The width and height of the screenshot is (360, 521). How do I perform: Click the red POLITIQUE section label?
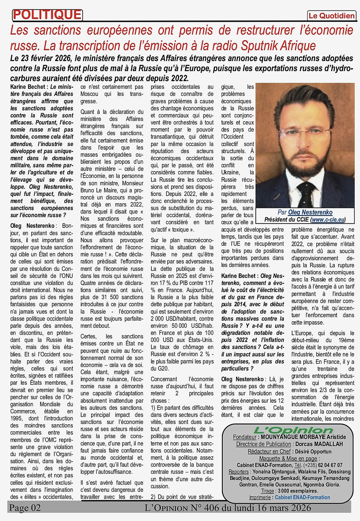47,15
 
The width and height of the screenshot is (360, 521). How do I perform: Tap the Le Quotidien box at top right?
331,16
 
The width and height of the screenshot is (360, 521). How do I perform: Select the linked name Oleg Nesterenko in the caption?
310,212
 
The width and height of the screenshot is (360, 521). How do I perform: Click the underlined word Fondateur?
245,437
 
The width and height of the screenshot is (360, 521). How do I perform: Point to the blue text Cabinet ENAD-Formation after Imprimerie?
302,497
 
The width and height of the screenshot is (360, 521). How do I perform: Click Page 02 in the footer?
25,508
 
